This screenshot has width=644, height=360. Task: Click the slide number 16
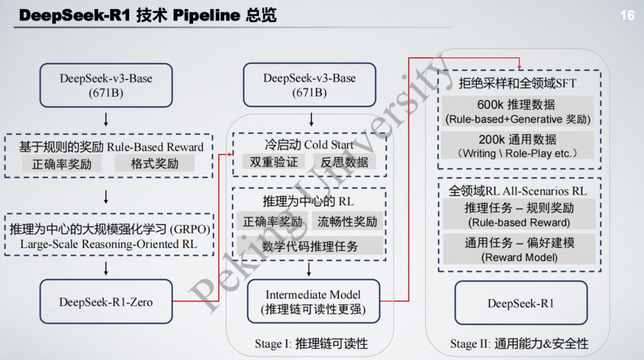pyautogui.click(x=627, y=15)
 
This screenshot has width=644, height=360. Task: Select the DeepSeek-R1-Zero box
pyautogui.click(x=106, y=302)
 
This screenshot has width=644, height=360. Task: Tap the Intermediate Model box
pyautogui.click(x=313, y=302)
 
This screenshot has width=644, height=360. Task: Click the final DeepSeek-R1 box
pyautogui.click(x=521, y=303)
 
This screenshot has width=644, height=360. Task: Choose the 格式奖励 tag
pyautogui.click(x=154, y=164)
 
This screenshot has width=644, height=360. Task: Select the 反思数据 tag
pyautogui.click(x=345, y=162)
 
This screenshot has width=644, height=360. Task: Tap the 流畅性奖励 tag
pyautogui.click(x=348, y=222)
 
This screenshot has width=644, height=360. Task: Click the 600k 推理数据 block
pyautogui.click(x=518, y=111)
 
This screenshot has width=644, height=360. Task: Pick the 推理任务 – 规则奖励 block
pyautogui.click(x=519, y=215)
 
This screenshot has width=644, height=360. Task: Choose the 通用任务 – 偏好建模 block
pyautogui.click(x=519, y=249)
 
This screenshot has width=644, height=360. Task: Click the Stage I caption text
pyautogui.click(x=311, y=343)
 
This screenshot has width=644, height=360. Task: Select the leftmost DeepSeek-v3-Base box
pyautogui.click(x=106, y=85)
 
